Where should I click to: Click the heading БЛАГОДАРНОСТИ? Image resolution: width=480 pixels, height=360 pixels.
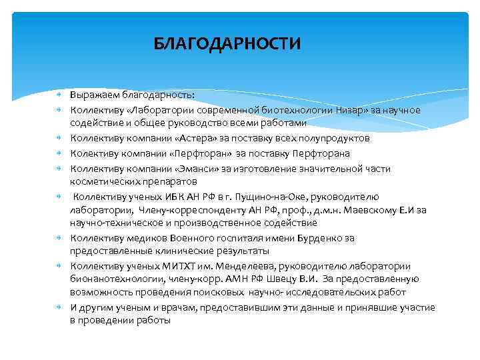[227, 44]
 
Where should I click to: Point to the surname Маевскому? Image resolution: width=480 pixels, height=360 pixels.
[364, 210]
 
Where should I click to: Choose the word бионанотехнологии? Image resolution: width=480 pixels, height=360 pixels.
[112, 279]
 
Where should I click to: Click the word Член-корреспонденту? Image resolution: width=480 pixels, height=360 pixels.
[175, 210]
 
